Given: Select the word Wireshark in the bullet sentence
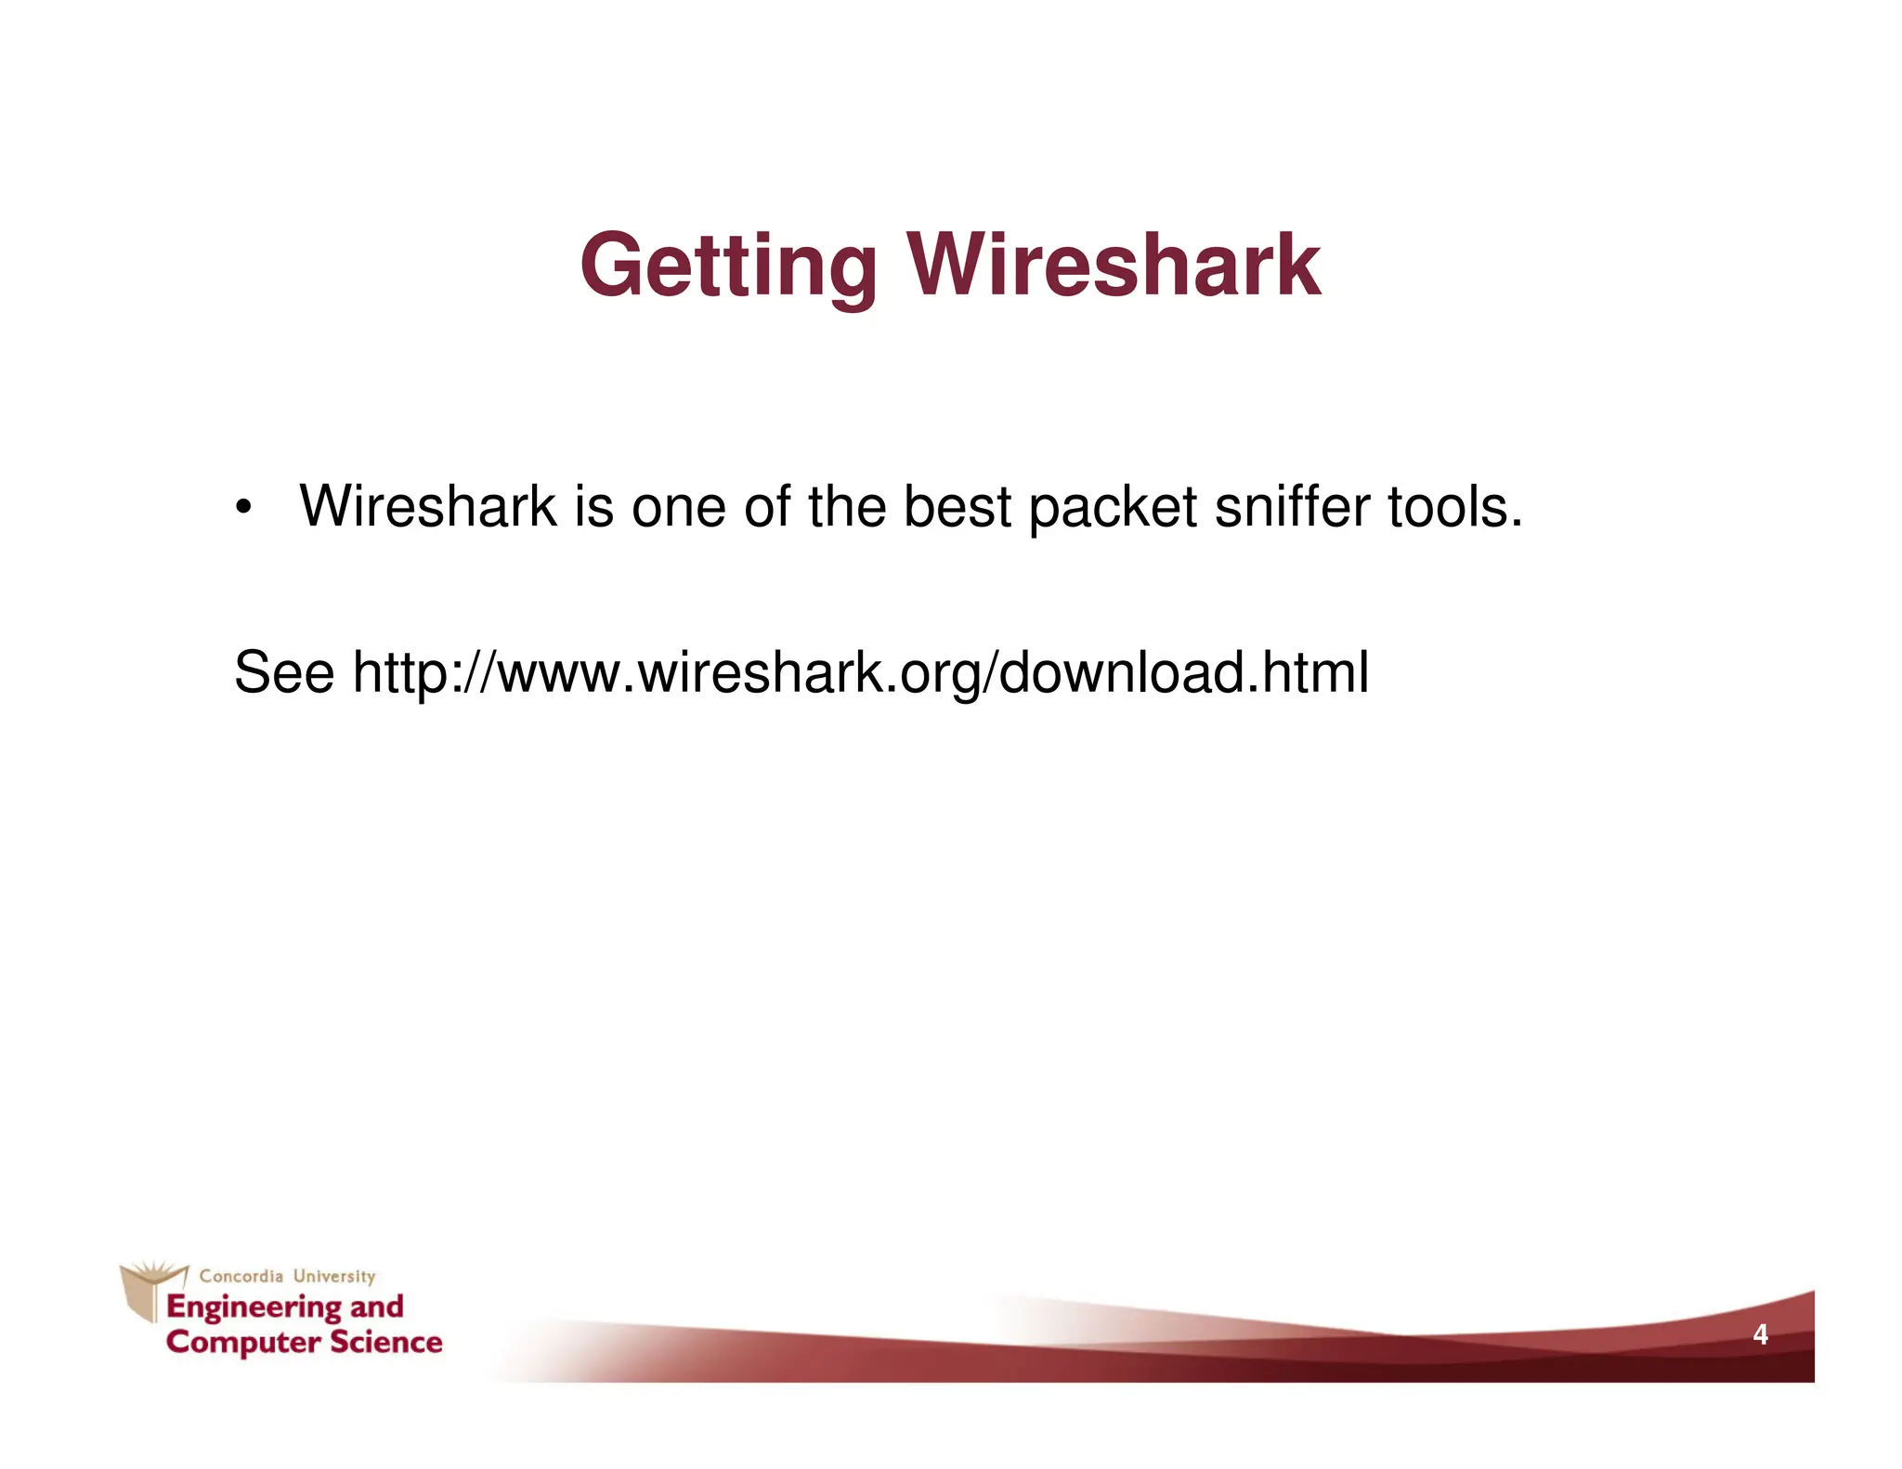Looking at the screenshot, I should [427, 507].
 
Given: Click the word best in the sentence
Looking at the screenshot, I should [957, 507].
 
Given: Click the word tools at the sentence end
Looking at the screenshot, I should [1453, 507].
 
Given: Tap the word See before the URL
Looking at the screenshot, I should [283, 672].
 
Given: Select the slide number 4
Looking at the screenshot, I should [1759, 1335].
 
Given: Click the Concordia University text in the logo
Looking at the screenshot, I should [287, 1276].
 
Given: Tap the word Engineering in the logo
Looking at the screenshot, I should [253, 1307].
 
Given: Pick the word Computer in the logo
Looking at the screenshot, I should [243, 1343].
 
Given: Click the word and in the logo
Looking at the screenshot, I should [376, 1306].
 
